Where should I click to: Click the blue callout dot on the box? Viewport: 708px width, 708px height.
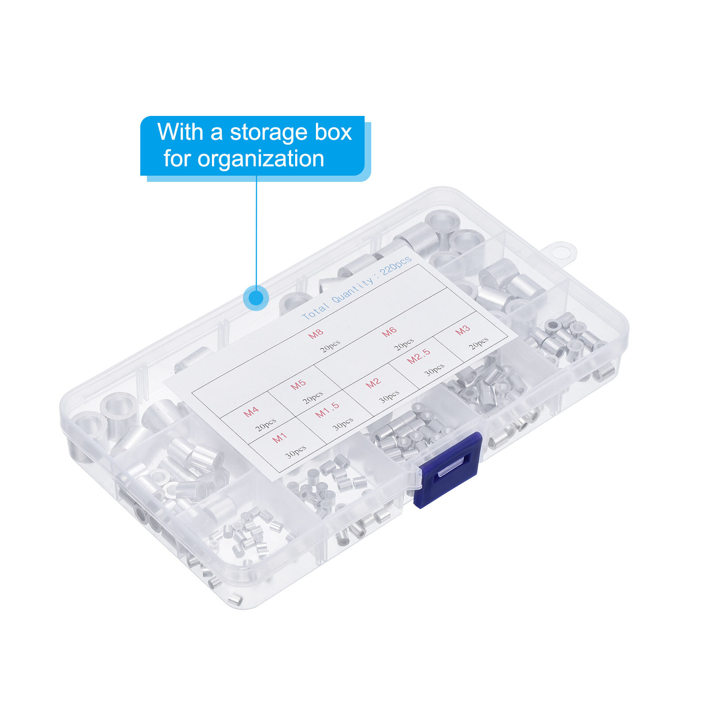[256, 297]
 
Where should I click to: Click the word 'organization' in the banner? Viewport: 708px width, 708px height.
[261, 159]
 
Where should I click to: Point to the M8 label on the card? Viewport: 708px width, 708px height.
[316, 333]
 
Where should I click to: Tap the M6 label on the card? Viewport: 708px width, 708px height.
[389, 331]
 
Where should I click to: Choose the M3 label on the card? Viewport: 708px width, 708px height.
[462, 330]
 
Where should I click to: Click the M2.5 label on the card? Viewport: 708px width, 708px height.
[419, 356]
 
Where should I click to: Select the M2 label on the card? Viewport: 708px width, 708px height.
[373, 382]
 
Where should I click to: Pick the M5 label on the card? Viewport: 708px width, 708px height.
[298, 385]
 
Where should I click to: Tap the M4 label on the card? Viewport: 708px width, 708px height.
[251, 412]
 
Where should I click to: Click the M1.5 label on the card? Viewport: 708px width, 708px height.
[327, 410]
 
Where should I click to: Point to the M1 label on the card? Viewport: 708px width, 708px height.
[279, 438]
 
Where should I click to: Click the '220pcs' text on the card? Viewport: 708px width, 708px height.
[396, 265]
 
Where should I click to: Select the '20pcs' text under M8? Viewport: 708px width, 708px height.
[331, 346]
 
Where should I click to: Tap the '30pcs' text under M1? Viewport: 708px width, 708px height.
[296, 451]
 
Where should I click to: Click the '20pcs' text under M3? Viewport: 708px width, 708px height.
[479, 342]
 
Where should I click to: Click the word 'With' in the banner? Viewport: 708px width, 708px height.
[180, 132]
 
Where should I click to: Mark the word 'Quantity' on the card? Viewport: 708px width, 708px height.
[353, 291]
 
